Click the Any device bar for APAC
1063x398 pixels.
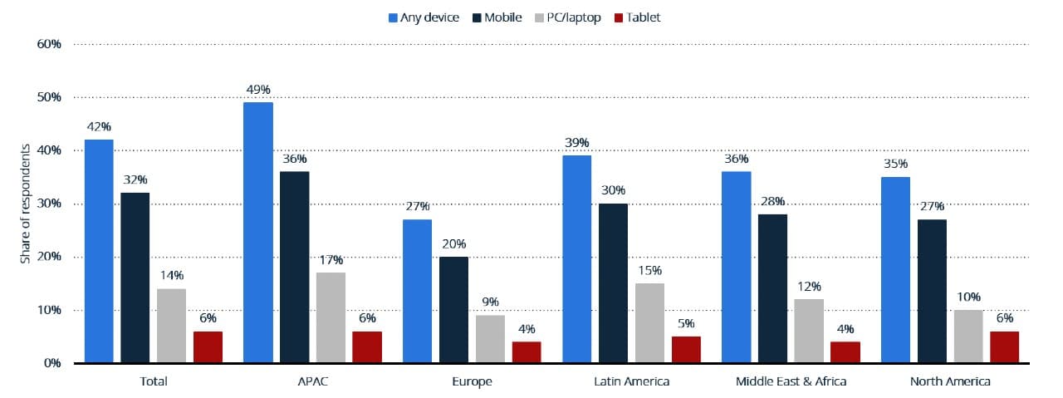coord(257,233)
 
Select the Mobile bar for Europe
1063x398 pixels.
coord(453,310)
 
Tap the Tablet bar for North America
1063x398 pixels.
coord(1004,347)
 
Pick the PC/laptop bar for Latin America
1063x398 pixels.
coord(649,323)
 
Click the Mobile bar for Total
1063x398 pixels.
coord(135,278)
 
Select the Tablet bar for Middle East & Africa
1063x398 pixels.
coord(845,352)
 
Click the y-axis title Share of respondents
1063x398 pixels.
coord(25,204)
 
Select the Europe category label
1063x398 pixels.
coord(472,381)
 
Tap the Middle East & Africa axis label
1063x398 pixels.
coord(790,381)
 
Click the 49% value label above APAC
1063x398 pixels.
coord(257,90)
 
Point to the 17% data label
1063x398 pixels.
coord(331,260)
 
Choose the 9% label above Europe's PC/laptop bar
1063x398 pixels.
coord(490,302)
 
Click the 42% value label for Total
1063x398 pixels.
coord(98,127)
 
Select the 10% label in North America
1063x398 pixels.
coord(967,297)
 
